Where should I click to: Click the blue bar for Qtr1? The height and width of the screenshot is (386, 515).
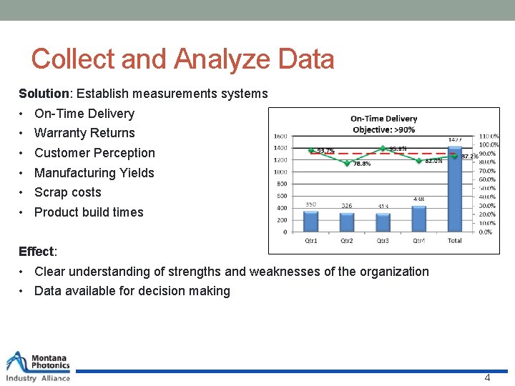[x=310, y=221]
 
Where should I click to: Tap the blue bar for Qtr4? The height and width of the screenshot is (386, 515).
[x=418, y=219]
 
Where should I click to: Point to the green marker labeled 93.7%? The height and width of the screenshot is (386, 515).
[x=310, y=150]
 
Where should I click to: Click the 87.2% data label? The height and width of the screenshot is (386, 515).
[x=469, y=156]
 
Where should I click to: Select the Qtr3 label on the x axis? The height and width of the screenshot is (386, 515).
[x=383, y=240]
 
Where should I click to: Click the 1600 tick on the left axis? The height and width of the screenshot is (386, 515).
[x=280, y=136]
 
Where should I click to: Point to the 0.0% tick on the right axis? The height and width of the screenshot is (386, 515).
[x=486, y=232]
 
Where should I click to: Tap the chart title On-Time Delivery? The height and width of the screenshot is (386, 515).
[x=383, y=119]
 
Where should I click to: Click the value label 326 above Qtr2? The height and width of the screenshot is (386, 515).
[x=346, y=205]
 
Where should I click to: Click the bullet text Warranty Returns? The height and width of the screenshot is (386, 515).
[x=84, y=133]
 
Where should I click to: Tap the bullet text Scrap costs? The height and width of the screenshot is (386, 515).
[x=68, y=192]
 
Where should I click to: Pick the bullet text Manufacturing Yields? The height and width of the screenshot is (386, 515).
[x=94, y=172]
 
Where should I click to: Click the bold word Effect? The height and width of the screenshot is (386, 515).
[x=36, y=252]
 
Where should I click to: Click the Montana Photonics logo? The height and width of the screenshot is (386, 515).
[x=39, y=367]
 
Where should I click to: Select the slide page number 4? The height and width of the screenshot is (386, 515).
[x=487, y=378]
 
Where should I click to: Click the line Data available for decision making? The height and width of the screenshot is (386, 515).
[x=132, y=291]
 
